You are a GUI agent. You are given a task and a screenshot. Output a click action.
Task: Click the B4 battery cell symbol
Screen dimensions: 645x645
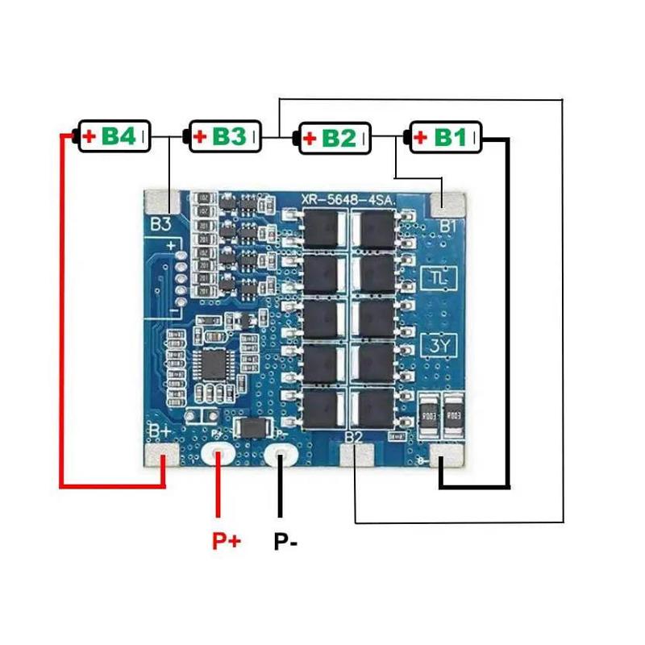coord(113,137)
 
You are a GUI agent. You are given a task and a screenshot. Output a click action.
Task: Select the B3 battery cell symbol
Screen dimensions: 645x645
coord(225,136)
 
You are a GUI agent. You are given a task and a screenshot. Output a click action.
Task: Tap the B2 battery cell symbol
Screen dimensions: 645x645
coord(335,138)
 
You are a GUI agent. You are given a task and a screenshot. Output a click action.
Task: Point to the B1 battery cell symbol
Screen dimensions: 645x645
coord(446,137)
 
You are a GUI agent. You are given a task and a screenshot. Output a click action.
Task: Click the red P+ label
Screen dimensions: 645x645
coord(227,541)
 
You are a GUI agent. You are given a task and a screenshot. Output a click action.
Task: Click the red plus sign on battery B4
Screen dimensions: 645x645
coord(89,137)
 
